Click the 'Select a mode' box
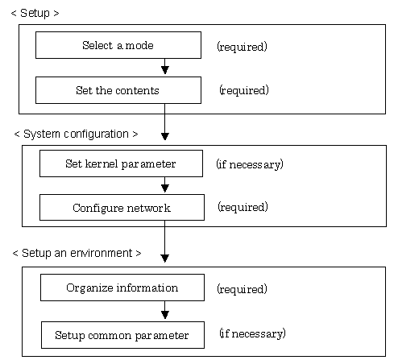point(118,45)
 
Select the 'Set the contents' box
point(118,90)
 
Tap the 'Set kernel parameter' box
point(121,163)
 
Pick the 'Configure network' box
point(122,208)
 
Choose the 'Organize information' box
point(122,288)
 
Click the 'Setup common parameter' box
point(122,335)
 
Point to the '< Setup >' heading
point(35,13)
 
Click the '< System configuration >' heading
point(76,134)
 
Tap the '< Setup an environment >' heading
point(77,253)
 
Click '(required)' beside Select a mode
point(242,47)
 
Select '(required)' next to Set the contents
point(244,90)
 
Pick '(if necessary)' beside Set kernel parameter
point(250,164)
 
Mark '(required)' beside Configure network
point(243,207)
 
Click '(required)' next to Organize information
point(242,289)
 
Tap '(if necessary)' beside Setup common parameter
point(252,333)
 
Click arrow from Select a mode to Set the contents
point(165,66)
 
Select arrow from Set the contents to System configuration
point(165,122)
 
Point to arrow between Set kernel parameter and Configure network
point(165,184)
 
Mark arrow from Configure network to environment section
point(164,242)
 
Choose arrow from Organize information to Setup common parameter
point(165,310)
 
